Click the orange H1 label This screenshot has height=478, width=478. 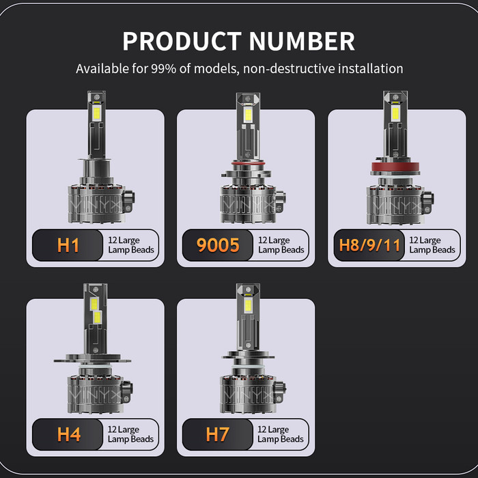click(68, 245)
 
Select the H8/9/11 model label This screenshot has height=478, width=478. click(369, 245)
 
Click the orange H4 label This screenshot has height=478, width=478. click(68, 434)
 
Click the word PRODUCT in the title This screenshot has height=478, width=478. click(182, 41)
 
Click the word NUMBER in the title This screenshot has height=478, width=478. click(302, 41)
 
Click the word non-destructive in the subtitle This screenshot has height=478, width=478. click(293, 69)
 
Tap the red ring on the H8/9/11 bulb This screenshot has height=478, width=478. click(396, 166)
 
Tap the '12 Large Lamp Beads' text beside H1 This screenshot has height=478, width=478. click(132, 245)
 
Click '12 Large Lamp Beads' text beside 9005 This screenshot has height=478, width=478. click(281, 245)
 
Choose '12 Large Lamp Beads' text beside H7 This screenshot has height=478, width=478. click(281, 434)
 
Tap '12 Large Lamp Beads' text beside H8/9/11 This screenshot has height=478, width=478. click(432, 245)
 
